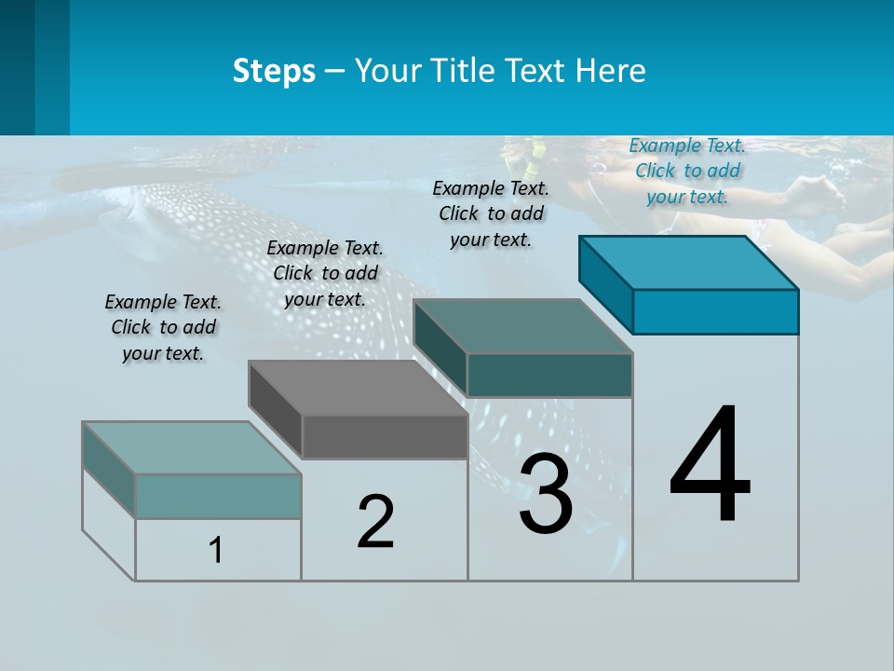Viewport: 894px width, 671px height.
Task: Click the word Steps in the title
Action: pyautogui.click(x=274, y=71)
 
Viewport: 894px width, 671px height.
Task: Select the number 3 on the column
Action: pyautogui.click(x=546, y=494)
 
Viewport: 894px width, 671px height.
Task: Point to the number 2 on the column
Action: pyautogui.click(x=376, y=522)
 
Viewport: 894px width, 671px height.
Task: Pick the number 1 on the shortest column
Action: pyautogui.click(x=216, y=551)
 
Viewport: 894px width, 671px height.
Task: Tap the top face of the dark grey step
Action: pyautogui.click(x=359, y=388)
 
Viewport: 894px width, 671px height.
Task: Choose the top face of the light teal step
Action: pyautogui.click(x=192, y=448)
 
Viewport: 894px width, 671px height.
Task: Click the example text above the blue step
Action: pyautogui.click(x=687, y=171)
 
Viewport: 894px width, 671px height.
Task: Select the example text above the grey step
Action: pyautogui.click(x=325, y=274)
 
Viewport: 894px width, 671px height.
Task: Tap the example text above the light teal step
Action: pyautogui.click(x=163, y=328)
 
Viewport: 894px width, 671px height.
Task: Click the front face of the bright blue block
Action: pyautogui.click(x=715, y=311)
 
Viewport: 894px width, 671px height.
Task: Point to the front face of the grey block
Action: pyautogui.click(x=385, y=436)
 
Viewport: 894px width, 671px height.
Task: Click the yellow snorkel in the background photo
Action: pyautogui.click(x=533, y=164)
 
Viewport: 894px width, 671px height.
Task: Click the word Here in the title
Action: pyautogui.click(x=613, y=71)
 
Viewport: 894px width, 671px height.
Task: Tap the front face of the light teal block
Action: pyautogui.click(x=218, y=496)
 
